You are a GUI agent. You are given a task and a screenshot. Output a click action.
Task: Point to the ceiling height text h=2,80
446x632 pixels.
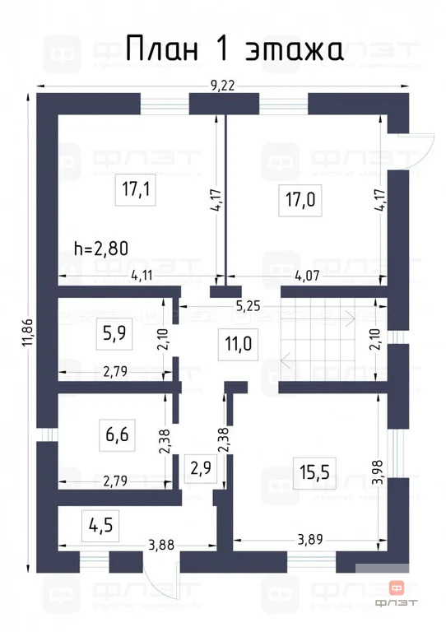pyautogui.click(x=101, y=246)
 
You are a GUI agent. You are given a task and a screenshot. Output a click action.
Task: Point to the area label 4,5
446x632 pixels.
pyautogui.click(x=100, y=523)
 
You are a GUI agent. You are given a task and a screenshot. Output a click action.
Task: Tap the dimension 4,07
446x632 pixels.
pyautogui.click(x=329, y=276)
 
